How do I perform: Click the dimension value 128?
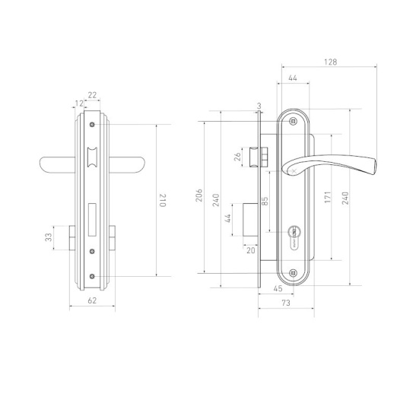330,62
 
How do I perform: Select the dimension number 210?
162,200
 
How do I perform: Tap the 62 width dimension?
92,300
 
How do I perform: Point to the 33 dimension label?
48,237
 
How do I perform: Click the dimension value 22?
92,95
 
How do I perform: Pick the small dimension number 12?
79,103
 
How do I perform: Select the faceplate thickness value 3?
259,106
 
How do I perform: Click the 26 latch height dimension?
237,157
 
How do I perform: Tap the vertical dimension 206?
199,195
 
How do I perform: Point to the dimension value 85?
265,201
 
